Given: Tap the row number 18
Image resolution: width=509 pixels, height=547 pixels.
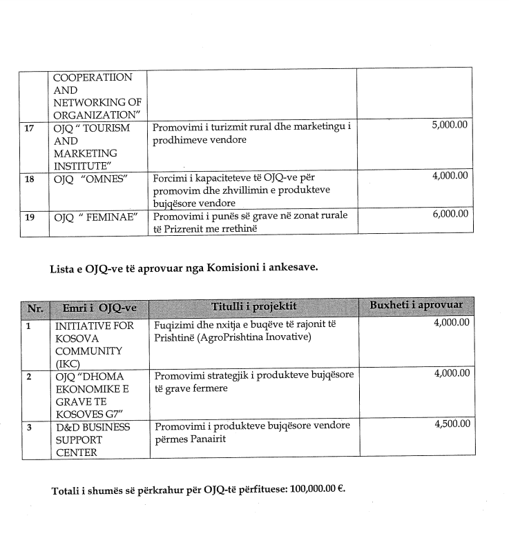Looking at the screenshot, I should point(29,177).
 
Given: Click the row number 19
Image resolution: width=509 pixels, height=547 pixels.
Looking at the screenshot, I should point(29,215).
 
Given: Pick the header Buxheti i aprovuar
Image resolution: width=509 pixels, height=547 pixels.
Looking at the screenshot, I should point(416,306).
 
